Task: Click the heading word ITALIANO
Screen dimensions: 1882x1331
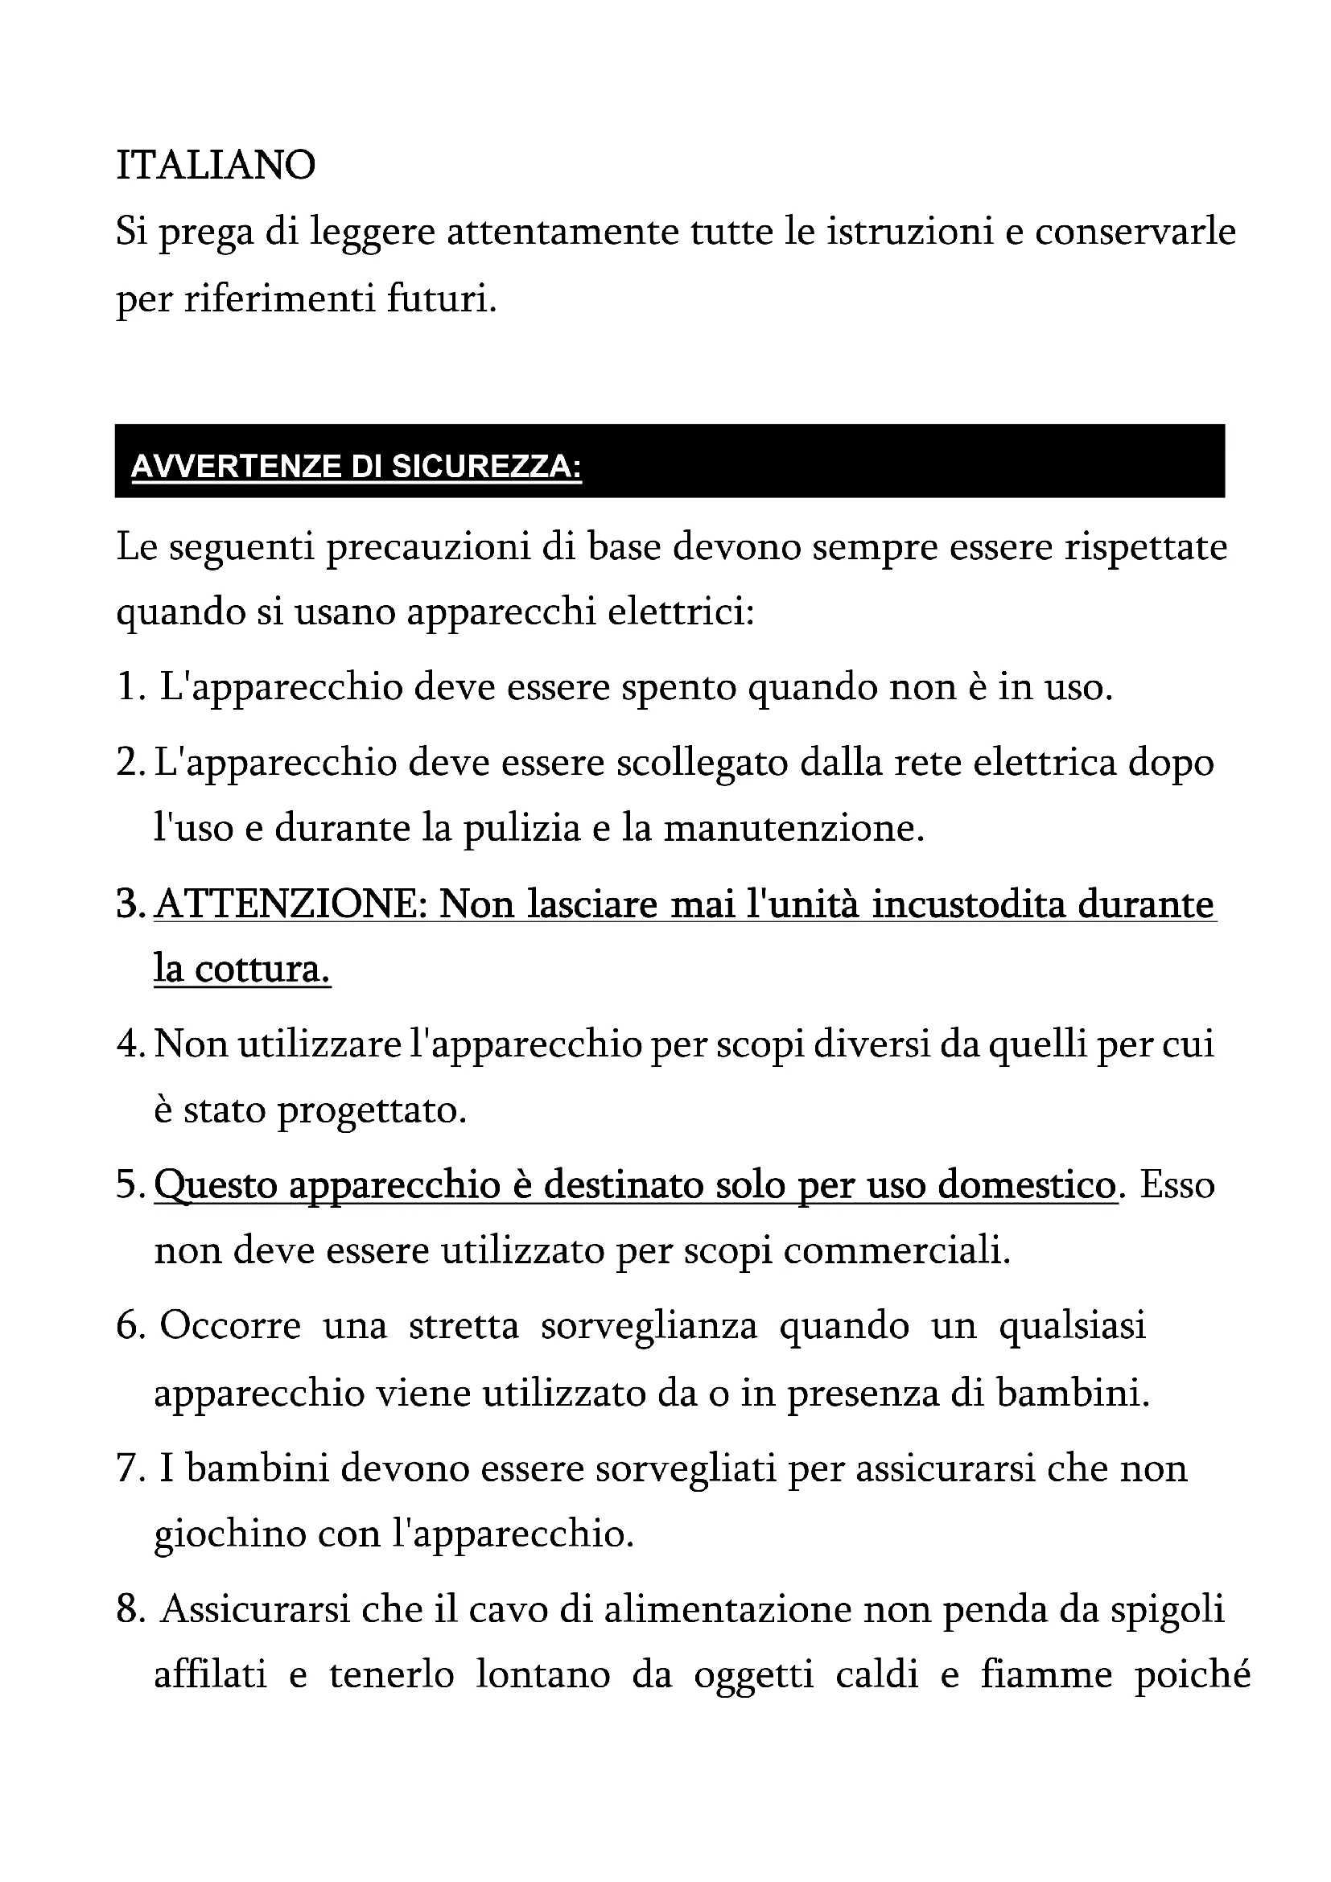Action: click(216, 165)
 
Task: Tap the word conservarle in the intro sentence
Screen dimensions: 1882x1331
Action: click(1135, 231)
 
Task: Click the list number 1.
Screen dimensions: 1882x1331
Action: click(130, 687)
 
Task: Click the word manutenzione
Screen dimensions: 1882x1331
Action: click(793, 829)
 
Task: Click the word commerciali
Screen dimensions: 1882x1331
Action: click(896, 1252)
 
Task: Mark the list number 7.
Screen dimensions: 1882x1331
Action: click(130, 1468)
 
